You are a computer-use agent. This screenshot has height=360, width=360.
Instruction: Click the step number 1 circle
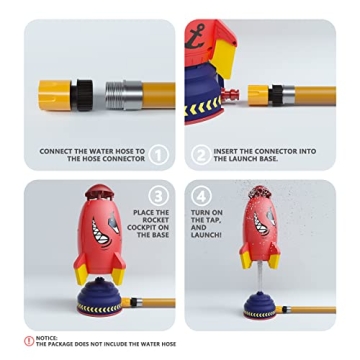158,155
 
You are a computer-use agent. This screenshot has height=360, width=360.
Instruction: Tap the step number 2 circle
200,155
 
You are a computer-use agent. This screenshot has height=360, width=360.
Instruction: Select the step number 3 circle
157,195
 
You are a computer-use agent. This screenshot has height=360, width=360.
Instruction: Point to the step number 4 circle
201,196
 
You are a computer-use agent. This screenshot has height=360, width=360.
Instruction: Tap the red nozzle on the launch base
240,95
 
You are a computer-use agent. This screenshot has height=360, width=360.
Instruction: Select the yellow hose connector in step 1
56,94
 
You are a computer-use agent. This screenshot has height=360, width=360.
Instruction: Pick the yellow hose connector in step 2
259,95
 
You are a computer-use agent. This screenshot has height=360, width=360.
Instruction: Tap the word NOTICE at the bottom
45,337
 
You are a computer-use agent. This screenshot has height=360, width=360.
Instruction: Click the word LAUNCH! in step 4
205,234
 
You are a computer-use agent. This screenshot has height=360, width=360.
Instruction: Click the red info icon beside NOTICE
29,340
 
